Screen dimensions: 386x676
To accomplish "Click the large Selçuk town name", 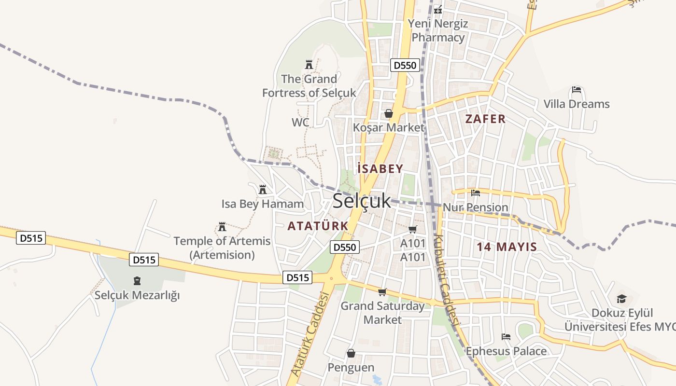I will coord(362,201).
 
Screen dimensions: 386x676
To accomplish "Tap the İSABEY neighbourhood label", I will coord(380,168).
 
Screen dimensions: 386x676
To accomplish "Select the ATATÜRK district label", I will coord(318,226).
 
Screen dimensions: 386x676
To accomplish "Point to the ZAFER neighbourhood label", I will coord(485,119).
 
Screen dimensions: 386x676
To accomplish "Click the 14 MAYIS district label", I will coord(507,247).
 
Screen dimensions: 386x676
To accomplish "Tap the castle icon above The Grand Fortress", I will coord(309,64).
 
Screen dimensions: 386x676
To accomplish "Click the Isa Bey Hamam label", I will coord(263,204).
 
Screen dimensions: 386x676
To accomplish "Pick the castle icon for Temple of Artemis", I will coord(222,226).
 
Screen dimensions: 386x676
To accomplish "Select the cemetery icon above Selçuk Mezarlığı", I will coord(137,281).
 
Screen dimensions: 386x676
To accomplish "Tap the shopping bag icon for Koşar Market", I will coord(389,113).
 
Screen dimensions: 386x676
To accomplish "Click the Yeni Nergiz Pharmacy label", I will coord(438,30).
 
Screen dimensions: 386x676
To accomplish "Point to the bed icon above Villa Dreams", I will coord(576,90).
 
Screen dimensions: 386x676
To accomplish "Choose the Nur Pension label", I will coord(475,207).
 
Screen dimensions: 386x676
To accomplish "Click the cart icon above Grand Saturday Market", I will coord(382,292).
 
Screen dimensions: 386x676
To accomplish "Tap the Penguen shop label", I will coord(351,368).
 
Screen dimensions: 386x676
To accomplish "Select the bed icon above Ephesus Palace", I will coord(506,336).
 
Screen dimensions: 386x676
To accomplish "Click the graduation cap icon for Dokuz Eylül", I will coord(621,299).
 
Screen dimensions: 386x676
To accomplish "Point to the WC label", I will coord(300,123).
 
